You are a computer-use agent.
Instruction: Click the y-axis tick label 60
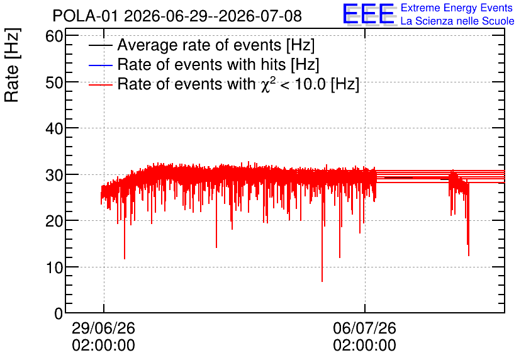tap(54, 36)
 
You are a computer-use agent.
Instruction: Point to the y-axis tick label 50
tap(54, 82)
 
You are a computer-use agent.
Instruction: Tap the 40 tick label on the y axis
tap(54, 128)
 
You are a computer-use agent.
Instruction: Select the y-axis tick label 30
tap(54, 174)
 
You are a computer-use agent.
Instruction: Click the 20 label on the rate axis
tap(54, 221)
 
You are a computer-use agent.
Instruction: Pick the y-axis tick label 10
tap(54, 267)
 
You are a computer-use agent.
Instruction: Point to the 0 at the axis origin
tap(59, 313)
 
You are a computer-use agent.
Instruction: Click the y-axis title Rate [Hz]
tap(12, 65)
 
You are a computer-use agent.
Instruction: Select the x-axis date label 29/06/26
tap(103, 328)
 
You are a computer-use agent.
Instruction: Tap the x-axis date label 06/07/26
tap(365, 328)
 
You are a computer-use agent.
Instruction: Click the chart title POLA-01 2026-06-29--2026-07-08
tap(177, 16)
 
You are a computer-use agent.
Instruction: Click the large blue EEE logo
tap(369, 14)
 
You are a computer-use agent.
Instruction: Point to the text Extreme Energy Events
tap(457, 8)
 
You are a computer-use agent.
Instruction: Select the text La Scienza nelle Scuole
tap(457, 21)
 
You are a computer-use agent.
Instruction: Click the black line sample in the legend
tap(100, 45)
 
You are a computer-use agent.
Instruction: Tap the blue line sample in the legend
tap(100, 65)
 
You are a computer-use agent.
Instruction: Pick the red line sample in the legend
tap(100, 84)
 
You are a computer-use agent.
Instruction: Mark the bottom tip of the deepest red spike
tap(322, 281)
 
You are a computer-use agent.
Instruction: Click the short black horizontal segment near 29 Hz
tap(398, 178)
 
